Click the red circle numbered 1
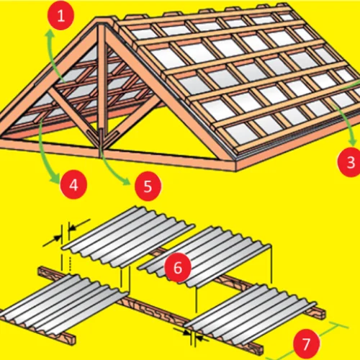(x=60, y=16)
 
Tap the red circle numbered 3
(x=351, y=162)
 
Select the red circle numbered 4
(x=73, y=184)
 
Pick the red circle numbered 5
(x=148, y=186)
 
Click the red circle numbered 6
(x=178, y=267)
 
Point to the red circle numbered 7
(x=306, y=344)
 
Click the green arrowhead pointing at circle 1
(x=50, y=34)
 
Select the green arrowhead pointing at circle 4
(x=55, y=179)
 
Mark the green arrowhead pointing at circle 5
(x=126, y=181)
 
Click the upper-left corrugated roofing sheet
(x=128, y=236)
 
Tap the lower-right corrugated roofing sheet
(x=251, y=313)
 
